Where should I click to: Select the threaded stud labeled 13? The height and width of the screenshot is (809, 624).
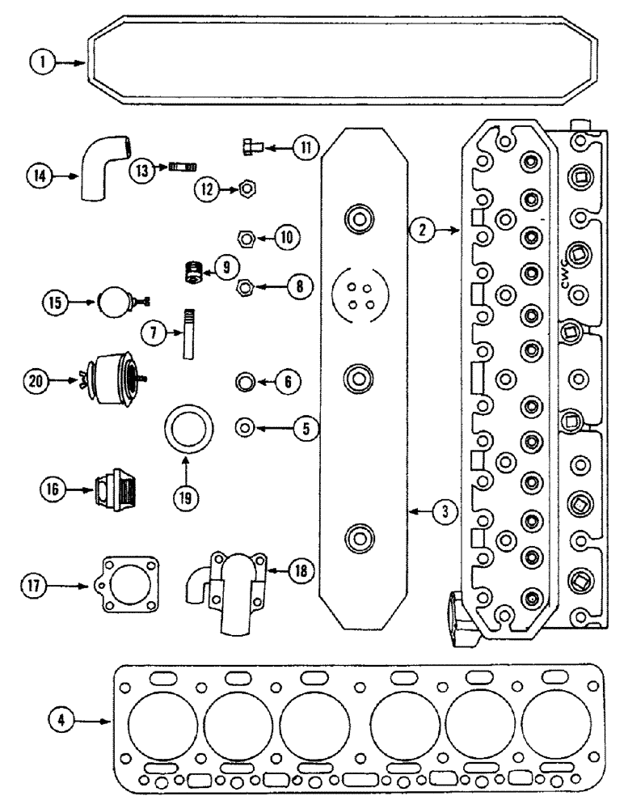point(182,168)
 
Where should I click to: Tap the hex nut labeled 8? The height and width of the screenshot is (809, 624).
point(246,286)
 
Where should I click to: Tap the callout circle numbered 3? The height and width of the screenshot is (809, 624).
point(445,511)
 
